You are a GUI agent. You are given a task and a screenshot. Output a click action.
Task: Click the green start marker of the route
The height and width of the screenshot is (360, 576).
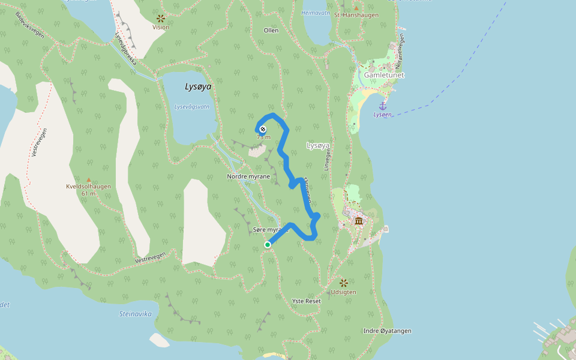click(x=268, y=244)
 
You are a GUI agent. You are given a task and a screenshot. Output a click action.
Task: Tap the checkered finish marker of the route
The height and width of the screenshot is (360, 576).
click(x=262, y=129)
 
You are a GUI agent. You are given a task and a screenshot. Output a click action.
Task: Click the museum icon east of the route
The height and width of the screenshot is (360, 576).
click(x=358, y=221)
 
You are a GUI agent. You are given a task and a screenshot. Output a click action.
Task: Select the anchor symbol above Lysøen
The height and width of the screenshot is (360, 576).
click(x=382, y=106)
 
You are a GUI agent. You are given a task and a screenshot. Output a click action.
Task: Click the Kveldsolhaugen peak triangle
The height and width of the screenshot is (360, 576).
click(x=89, y=179)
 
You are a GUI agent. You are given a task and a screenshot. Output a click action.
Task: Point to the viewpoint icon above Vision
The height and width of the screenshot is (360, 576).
click(x=160, y=19)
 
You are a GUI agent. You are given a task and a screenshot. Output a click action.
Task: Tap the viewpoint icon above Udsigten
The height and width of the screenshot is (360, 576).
click(x=344, y=283)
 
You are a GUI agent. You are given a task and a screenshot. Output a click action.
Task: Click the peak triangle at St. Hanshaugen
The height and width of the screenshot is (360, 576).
click(x=356, y=8)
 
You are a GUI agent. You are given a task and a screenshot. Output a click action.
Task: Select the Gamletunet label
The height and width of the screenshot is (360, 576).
click(x=384, y=75)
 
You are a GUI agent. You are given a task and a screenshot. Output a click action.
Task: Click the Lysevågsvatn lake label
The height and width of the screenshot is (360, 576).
click(x=192, y=106)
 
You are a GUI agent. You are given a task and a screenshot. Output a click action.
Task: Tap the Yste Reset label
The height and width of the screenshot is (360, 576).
click(x=306, y=301)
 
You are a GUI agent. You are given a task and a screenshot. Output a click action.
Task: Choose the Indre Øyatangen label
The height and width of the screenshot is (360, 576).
click(x=387, y=331)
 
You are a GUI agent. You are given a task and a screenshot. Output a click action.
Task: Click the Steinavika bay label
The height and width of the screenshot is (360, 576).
click(x=135, y=314)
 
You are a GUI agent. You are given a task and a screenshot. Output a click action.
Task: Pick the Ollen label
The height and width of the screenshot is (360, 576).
click(x=271, y=30)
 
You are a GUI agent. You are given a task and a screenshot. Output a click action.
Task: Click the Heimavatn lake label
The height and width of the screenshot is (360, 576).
click(x=316, y=13)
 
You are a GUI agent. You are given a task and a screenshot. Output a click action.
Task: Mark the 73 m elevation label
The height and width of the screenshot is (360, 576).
click(x=263, y=137)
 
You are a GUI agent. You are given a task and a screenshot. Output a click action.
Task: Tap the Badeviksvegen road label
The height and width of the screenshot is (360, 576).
click(x=30, y=25)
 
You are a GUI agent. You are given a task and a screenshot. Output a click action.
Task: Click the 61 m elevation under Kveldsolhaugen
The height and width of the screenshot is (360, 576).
click(x=89, y=193)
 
